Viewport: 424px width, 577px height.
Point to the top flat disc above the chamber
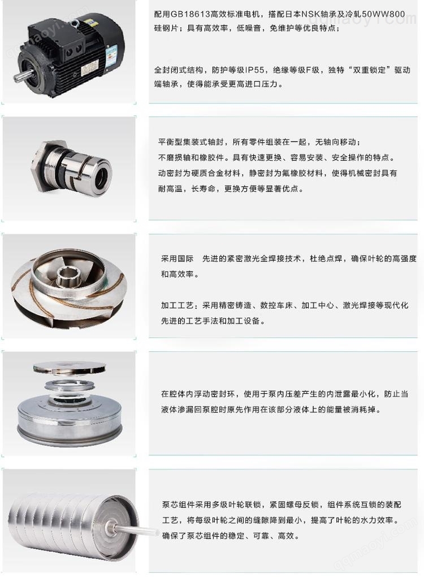pos(70,368)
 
